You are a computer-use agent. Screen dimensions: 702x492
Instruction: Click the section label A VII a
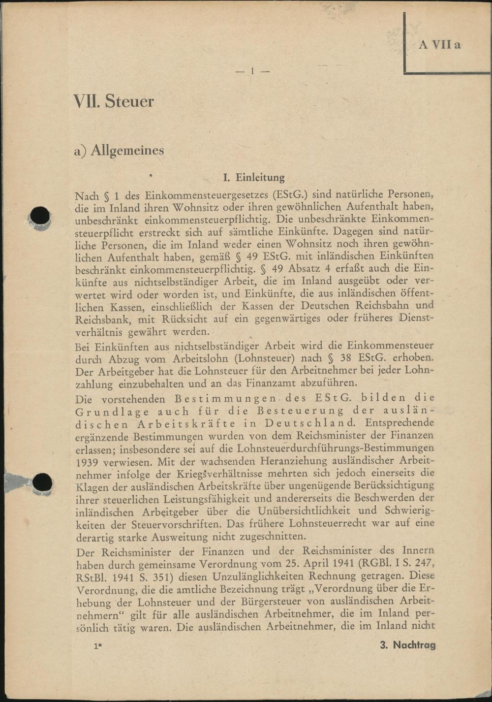[x=440, y=45]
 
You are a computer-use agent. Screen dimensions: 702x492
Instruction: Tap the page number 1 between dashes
[x=252, y=71]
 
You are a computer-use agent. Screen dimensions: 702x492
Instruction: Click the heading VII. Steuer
[x=114, y=101]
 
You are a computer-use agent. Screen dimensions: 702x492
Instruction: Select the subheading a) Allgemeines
[x=119, y=150]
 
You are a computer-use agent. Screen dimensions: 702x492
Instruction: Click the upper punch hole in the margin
[x=40, y=216]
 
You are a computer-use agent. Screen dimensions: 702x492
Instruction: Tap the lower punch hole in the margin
[x=42, y=482]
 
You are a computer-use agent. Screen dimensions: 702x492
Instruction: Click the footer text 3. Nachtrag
[x=408, y=645]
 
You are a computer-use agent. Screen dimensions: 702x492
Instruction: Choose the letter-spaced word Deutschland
[x=309, y=423]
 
